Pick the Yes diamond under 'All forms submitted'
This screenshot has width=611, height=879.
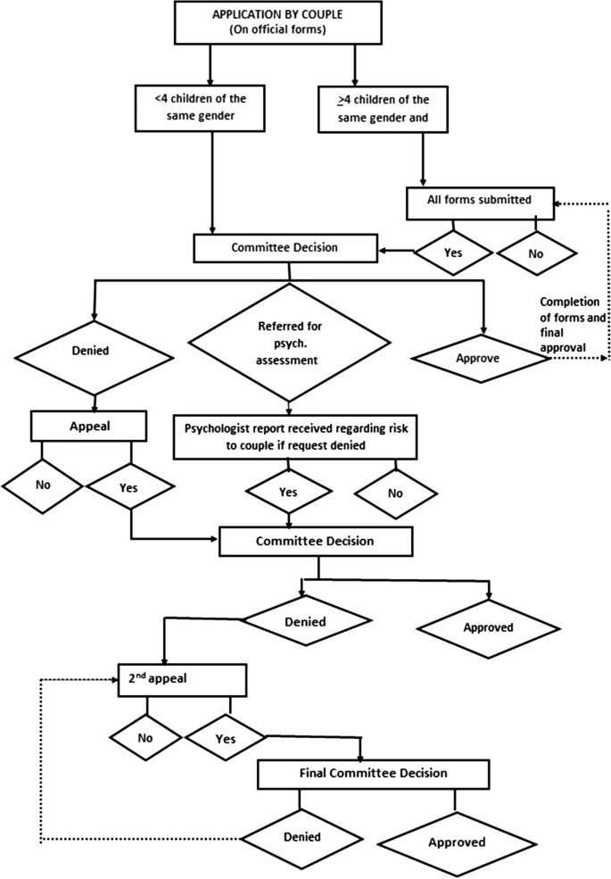(x=452, y=253)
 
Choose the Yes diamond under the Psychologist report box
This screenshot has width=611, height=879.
(x=287, y=492)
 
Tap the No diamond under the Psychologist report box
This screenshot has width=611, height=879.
(x=395, y=493)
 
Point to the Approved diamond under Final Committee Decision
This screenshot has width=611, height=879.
(x=456, y=842)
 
